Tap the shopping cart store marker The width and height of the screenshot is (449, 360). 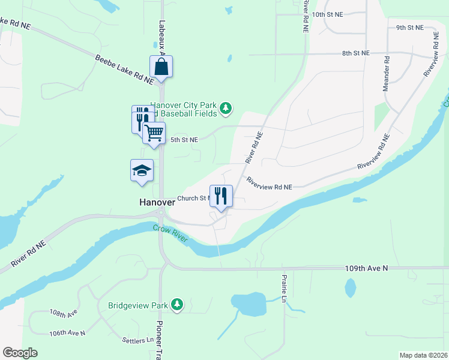[x=154, y=133]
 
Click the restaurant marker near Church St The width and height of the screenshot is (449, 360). [x=221, y=196]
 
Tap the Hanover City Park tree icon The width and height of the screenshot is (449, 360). [x=225, y=109]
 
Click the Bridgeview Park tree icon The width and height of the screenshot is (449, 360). [x=176, y=305]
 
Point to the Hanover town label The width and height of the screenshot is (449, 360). [x=157, y=202]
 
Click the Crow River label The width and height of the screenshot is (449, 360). [x=170, y=235]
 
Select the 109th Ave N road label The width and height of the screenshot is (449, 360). [x=366, y=268]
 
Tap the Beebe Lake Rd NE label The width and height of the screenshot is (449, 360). [x=124, y=68]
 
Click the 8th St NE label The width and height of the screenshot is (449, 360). [x=355, y=53]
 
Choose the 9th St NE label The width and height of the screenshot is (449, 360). [x=409, y=28]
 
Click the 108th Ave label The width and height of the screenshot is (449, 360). [x=64, y=313]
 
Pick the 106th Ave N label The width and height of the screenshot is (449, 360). [x=67, y=332]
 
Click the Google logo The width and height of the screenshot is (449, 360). [x=20, y=353]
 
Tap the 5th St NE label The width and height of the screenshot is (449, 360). [x=184, y=139]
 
